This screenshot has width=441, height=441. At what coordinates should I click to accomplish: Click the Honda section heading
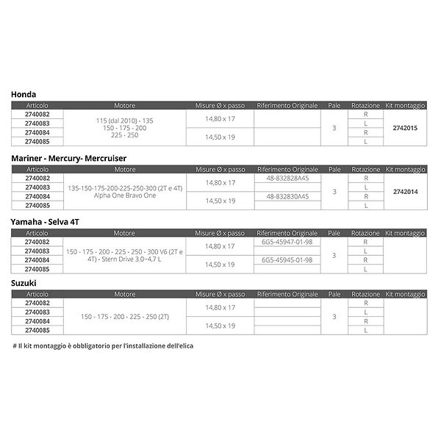tap(24, 95)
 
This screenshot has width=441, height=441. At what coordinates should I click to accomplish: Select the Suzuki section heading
tap(25, 282)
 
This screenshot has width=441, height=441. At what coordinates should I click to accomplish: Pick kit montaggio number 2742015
tap(405, 128)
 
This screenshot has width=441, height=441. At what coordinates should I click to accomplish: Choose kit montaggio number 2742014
tap(405, 190)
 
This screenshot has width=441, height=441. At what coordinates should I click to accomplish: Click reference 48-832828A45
tap(286, 178)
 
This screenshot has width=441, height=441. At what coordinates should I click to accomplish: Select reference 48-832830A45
tap(286, 196)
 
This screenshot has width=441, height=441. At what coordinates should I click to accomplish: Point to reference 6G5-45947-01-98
tap(287, 241)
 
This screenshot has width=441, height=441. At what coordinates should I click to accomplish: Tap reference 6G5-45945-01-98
tap(287, 259)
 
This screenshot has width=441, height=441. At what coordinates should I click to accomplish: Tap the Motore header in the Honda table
tap(125, 106)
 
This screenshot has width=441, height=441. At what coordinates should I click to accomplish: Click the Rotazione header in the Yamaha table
tap(366, 232)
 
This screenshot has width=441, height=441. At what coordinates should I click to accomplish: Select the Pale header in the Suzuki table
tap(334, 293)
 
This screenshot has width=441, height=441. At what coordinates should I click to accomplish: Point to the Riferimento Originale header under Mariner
tap(287, 169)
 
